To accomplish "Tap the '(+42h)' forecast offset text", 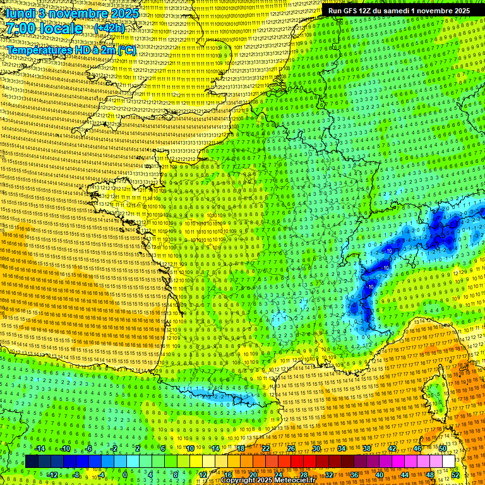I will [x=110, y=28].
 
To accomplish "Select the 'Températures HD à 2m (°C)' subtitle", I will [x=71, y=50].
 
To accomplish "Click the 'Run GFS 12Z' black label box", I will [x=399, y=10].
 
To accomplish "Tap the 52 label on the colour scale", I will [x=455, y=474].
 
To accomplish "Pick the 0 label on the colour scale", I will [x=125, y=474].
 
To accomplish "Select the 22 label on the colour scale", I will [x=266, y=448].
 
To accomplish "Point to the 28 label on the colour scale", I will [x=303, y=474].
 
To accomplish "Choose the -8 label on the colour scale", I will [x=76, y=474].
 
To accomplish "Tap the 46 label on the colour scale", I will [x=417, y=448].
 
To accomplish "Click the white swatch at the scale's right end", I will [x=448, y=462].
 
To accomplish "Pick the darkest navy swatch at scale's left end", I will [x=31, y=462].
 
